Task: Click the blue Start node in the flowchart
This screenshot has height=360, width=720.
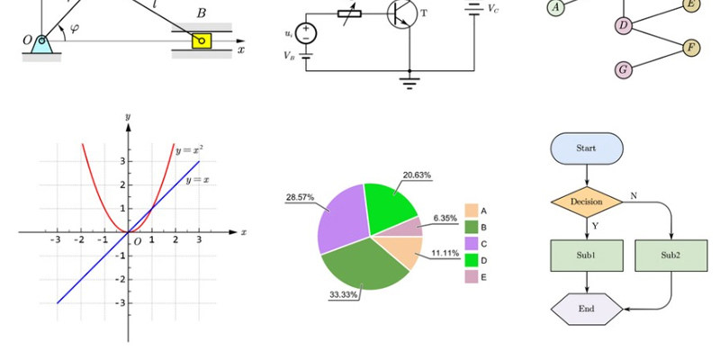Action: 587,148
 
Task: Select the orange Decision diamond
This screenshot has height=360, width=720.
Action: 587,202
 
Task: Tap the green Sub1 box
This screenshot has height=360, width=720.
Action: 587,256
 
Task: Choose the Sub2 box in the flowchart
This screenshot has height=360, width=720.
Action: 671,256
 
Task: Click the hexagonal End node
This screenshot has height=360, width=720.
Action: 587,309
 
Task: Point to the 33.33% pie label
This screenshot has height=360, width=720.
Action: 344,295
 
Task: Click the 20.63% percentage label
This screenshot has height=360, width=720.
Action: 417,175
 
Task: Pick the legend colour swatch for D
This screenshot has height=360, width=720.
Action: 472,260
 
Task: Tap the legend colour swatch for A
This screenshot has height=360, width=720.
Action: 472,211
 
